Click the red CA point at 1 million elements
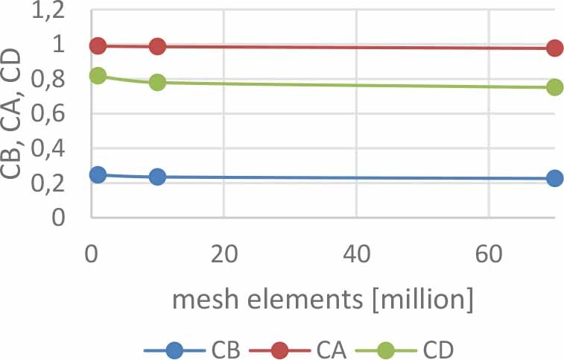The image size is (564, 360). (98, 46)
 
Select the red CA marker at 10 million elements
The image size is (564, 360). (157, 47)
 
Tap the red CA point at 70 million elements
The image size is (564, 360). (554, 48)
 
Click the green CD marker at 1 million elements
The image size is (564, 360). (98, 76)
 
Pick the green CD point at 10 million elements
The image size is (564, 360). (157, 82)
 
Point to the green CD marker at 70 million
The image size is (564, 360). (554, 87)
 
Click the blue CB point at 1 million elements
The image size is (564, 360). (98, 175)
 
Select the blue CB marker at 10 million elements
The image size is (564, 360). (157, 177)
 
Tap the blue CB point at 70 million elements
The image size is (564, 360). (554, 179)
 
